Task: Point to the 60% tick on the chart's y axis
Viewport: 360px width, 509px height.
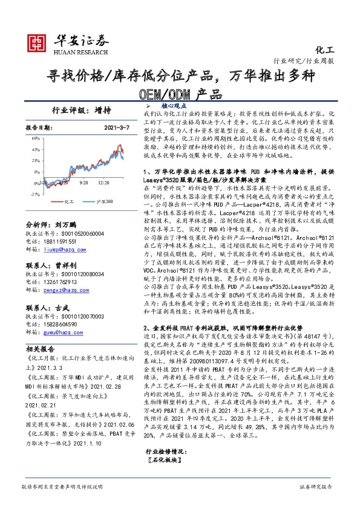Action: pyautogui.click(x=36, y=138)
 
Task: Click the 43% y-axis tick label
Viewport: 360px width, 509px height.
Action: pyautogui.click(x=36, y=149)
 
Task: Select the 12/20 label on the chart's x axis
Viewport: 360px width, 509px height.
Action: pyautogui.click(x=104, y=182)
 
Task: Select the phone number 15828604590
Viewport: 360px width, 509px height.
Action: pyautogui.click(x=62, y=325)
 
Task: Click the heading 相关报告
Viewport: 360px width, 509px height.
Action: pyautogui.click(x=42, y=350)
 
